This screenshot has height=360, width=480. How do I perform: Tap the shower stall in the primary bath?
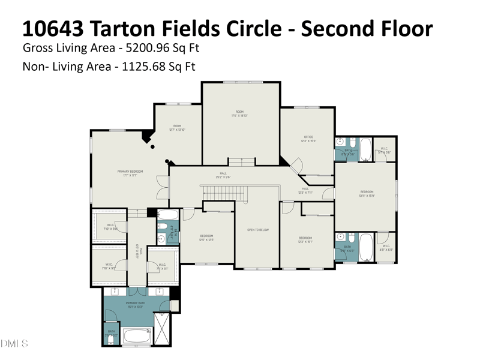[163, 329]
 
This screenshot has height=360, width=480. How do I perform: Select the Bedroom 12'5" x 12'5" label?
[206, 238]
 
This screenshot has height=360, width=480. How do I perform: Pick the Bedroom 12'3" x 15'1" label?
[306, 239]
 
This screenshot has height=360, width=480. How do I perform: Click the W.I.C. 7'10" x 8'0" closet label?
[109, 227]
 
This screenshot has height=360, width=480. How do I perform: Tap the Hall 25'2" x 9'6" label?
[223, 175]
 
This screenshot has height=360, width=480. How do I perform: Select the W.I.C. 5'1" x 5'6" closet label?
[384, 151]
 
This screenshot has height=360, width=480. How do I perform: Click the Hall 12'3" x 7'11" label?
[305, 190]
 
